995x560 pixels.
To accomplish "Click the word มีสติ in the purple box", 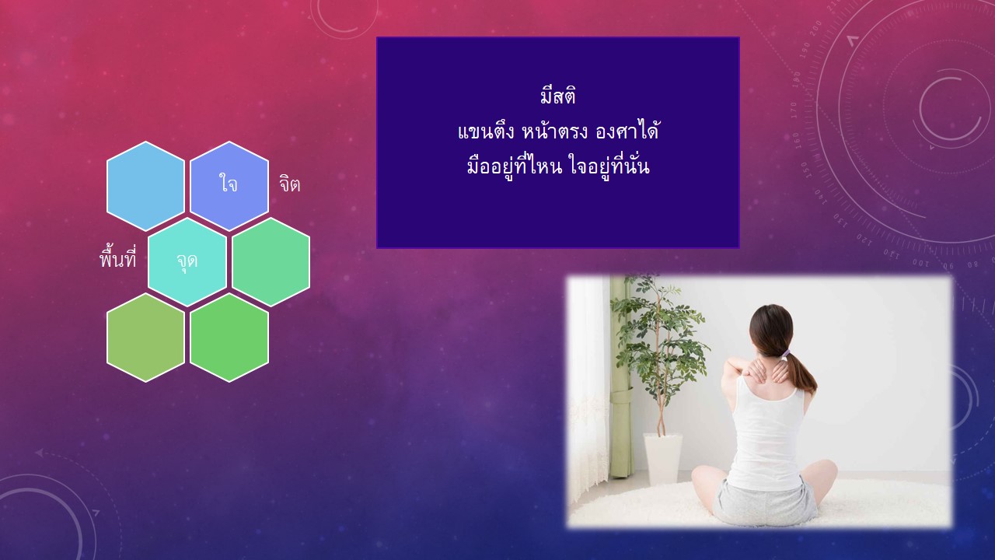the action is (558, 96).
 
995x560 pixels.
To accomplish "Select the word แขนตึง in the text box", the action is (486, 132).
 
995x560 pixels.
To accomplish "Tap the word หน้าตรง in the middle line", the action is (555, 131).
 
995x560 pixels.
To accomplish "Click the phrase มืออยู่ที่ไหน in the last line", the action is (515, 166).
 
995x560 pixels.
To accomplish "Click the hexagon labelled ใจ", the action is (229, 186).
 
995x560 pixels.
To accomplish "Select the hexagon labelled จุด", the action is (187, 262).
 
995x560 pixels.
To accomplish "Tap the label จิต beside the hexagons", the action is (290, 184).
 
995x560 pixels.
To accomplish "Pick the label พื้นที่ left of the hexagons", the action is (117, 259).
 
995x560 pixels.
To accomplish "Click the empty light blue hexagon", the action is (145, 186).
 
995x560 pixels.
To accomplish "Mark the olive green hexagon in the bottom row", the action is (145, 338).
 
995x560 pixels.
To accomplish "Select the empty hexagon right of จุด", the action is (271, 262).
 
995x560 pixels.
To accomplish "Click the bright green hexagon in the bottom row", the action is (229, 338).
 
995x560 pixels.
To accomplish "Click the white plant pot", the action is (663, 459).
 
